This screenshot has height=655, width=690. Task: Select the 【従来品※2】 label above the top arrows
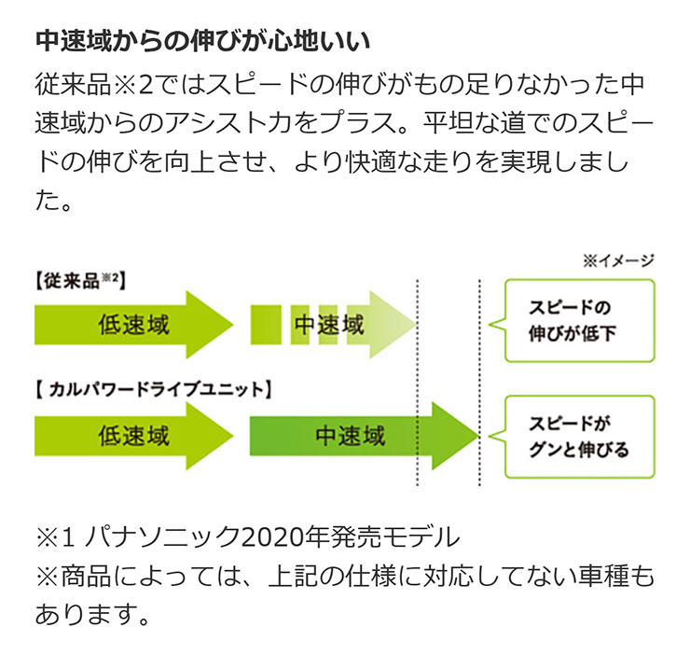pos(79,281)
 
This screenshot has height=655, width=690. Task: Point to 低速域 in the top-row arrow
pos(133,325)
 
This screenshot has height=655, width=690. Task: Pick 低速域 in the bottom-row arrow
pos(133,435)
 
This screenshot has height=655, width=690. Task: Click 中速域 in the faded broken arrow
pos(328,325)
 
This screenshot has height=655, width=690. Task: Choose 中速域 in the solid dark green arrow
pos(350,435)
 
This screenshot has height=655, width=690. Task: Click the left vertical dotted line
pos(417,383)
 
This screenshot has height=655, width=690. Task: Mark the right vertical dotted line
pos(478,383)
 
